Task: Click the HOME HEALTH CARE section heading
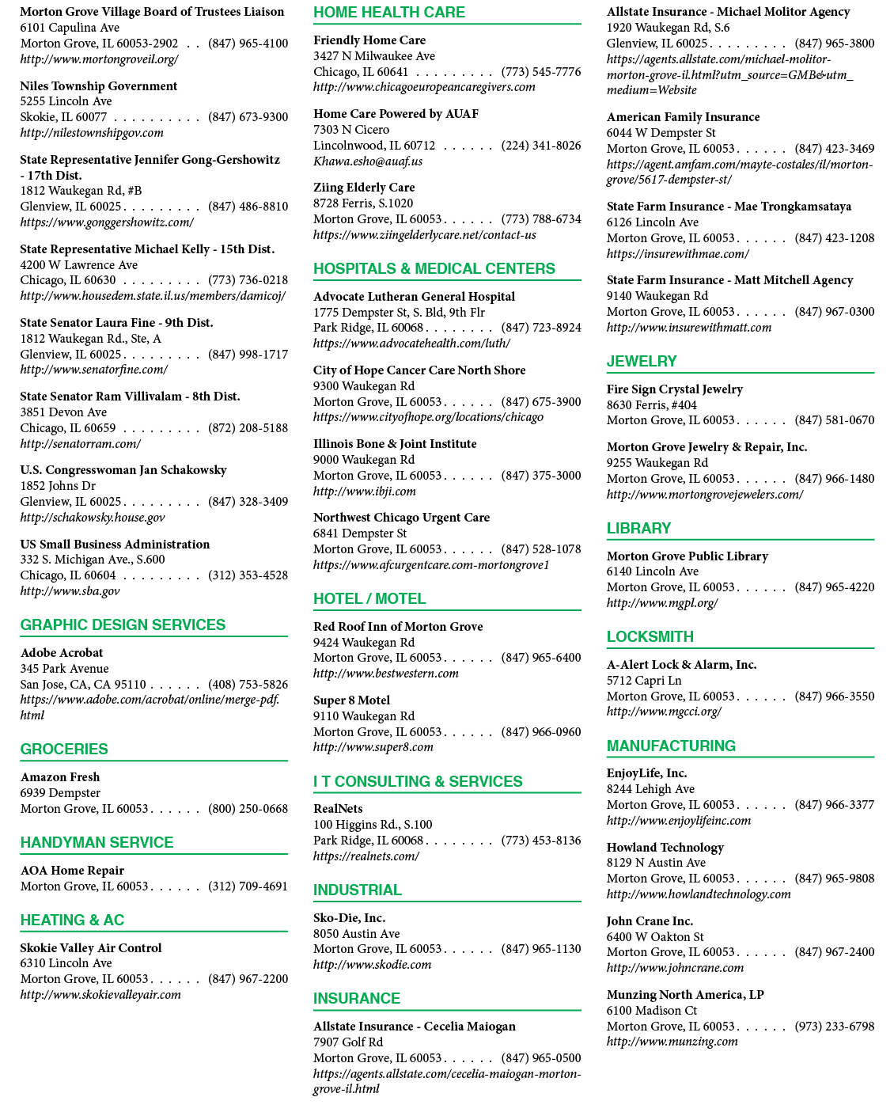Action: click(389, 12)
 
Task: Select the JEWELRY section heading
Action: click(642, 361)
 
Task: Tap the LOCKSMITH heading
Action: click(650, 636)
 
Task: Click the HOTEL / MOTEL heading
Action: click(369, 598)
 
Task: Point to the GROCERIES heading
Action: click(64, 749)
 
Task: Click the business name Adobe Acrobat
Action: click(61, 652)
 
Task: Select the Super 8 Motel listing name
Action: click(351, 700)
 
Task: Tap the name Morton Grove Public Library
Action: click(687, 556)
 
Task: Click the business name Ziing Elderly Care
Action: click(363, 188)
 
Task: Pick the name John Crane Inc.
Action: click(650, 921)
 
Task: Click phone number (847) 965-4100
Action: click(248, 43)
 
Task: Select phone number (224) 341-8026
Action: click(541, 145)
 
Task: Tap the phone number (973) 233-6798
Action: click(835, 1027)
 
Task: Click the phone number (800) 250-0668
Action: click(248, 808)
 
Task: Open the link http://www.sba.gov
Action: click(70, 591)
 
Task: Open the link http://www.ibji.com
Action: click(364, 491)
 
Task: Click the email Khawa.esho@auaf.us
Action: click(368, 161)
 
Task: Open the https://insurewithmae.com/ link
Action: click(678, 253)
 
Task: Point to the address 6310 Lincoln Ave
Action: click(66, 963)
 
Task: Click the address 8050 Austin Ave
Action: click(356, 933)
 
